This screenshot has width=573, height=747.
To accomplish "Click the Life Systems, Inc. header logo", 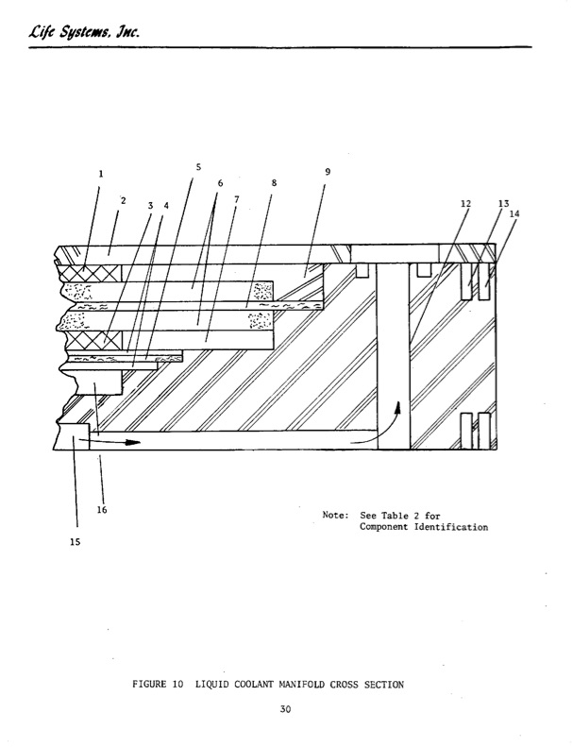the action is tap(84, 31).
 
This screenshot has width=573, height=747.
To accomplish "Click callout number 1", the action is tap(100, 174).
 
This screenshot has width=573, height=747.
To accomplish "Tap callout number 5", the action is tap(198, 167).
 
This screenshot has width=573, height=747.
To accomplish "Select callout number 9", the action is tap(328, 172).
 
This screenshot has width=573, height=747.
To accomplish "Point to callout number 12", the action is tap(465, 204).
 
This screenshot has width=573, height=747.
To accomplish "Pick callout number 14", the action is tap(514, 214).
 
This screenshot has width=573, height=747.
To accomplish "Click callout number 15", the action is tap(76, 542).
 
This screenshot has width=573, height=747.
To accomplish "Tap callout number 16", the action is tap(102, 510).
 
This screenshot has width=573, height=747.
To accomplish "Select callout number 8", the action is tap(274, 183).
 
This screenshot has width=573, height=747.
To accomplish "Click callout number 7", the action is tap(236, 199).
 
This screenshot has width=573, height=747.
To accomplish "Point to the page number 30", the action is tap(285, 709).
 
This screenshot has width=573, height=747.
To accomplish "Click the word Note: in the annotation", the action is tap(336, 515).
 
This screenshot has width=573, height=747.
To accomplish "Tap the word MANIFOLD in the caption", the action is tap(302, 685).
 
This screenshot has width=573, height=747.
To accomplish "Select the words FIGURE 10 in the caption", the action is tap(158, 685).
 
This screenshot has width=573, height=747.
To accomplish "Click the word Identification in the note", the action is tap(451, 527).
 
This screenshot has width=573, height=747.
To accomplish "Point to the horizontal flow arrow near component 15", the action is tap(110, 442).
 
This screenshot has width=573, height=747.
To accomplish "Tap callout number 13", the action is tap(503, 204).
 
